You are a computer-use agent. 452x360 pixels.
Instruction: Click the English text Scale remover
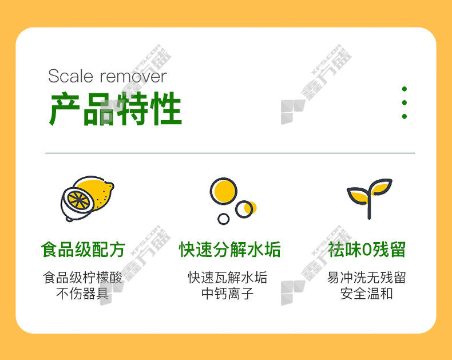(107, 76)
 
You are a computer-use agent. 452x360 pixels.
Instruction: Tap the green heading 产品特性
(116, 109)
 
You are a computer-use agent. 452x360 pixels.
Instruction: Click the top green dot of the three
(405, 89)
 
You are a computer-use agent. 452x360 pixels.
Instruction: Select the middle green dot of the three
(405, 102)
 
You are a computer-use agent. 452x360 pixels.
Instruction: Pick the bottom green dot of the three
(405, 116)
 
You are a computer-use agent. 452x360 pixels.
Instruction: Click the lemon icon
(87, 199)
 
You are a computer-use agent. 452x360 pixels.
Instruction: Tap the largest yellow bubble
(223, 191)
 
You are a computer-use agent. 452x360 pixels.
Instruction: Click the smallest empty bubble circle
(223, 219)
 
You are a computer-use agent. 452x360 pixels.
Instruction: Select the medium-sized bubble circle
(244, 209)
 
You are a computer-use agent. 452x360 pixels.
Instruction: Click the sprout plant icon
(370, 199)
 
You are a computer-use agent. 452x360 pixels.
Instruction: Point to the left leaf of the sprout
(358, 196)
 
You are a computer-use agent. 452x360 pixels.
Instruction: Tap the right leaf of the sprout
(381, 187)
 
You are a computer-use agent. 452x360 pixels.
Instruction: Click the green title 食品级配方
(83, 250)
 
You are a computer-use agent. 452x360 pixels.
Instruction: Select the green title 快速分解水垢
(230, 250)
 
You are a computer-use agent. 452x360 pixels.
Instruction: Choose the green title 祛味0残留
(367, 250)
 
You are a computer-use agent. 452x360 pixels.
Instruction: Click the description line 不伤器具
(82, 294)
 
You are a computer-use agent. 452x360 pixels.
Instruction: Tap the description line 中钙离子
(228, 294)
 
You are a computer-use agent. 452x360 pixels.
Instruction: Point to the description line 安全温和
(367, 294)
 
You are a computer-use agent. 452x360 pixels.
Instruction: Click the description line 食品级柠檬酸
(83, 278)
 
